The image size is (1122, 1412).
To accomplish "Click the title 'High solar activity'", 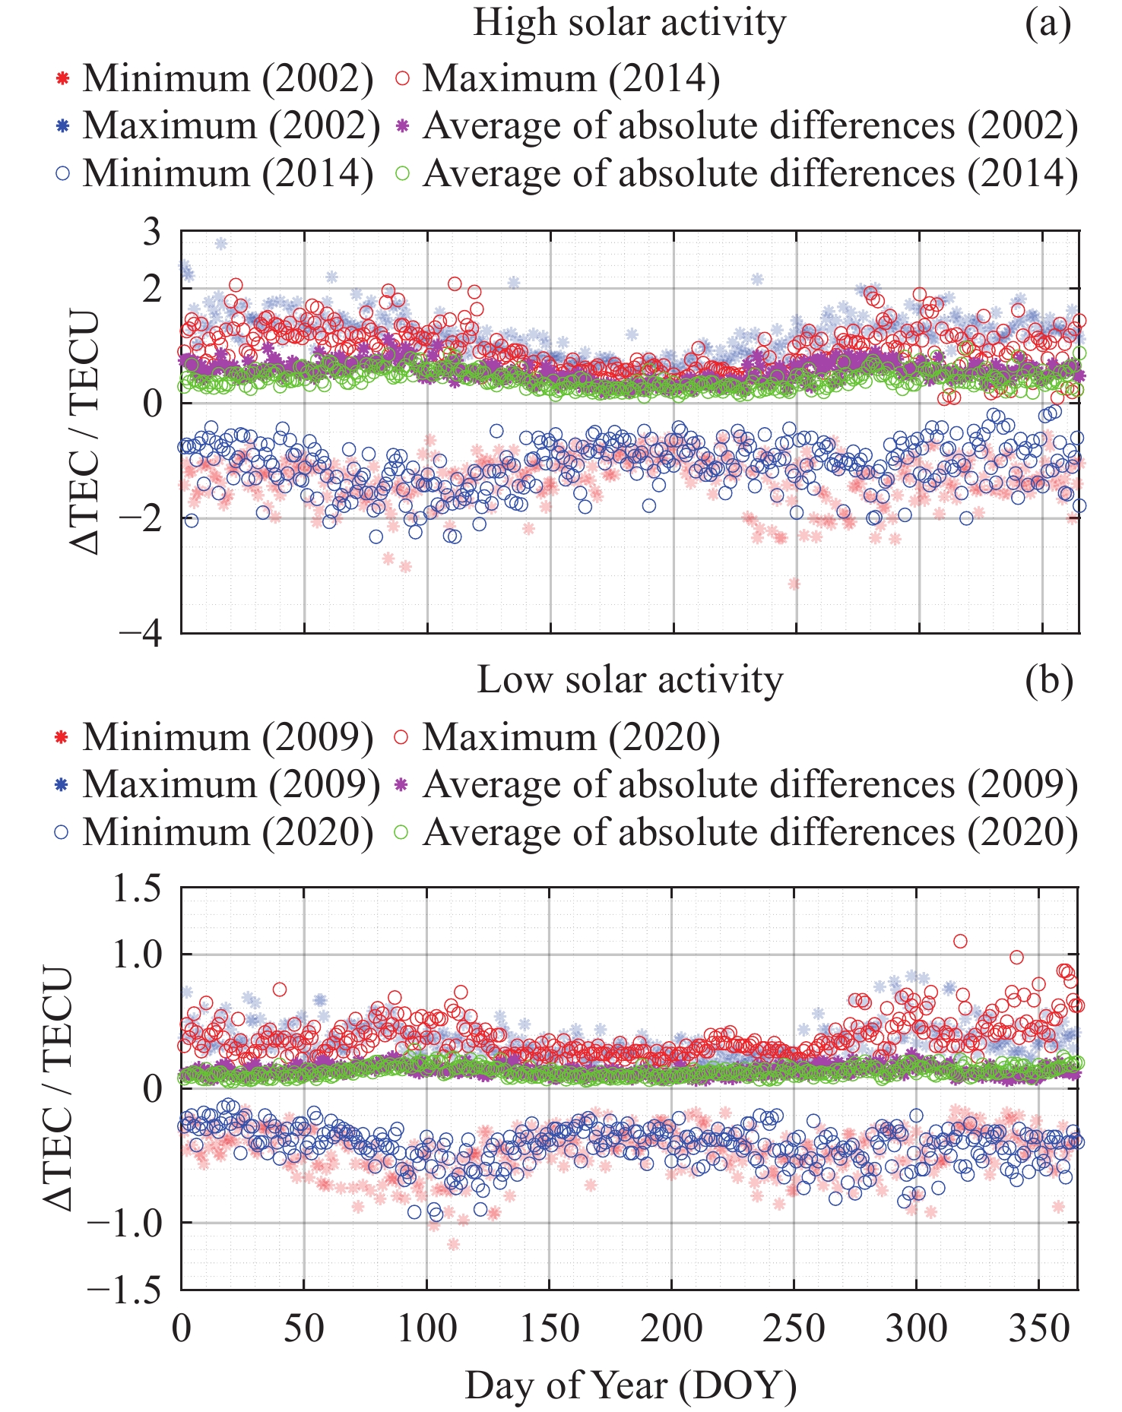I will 629,23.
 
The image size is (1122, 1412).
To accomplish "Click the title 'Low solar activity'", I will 629,680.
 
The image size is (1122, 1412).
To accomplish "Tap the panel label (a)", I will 1048,23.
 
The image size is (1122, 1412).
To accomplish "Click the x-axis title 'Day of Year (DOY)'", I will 630,1385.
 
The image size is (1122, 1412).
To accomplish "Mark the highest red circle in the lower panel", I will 960,942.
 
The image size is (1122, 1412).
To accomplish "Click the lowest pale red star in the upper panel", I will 794,584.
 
